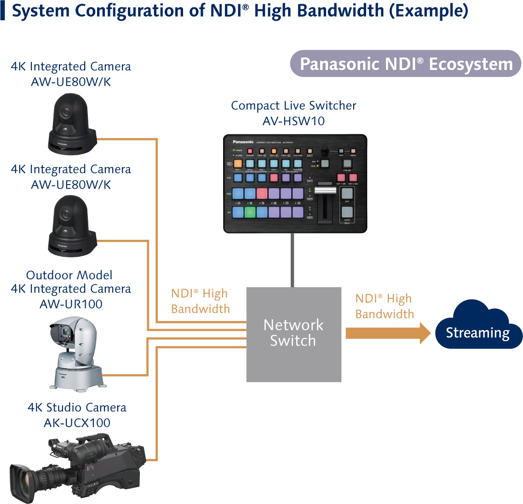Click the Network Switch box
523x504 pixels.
[x=293, y=334]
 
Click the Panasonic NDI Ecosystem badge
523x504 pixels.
[x=405, y=64]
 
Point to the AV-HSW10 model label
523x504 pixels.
[x=293, y=121]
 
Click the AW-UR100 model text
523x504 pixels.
[x=71, y=304]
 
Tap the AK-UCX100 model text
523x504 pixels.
[x=77, y=423]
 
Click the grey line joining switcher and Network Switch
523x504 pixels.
[x=292, y=260]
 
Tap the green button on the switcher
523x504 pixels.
[x=250, y=212]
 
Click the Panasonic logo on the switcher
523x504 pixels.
[x=243, y=142]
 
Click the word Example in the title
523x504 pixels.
[x=429, y=10]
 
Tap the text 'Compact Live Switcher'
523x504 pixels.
[x=293, y=105]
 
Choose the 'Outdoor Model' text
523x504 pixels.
[x=69, y=275]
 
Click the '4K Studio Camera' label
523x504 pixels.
[x=77, y=407]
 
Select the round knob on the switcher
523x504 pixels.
[x=325, y=151]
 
